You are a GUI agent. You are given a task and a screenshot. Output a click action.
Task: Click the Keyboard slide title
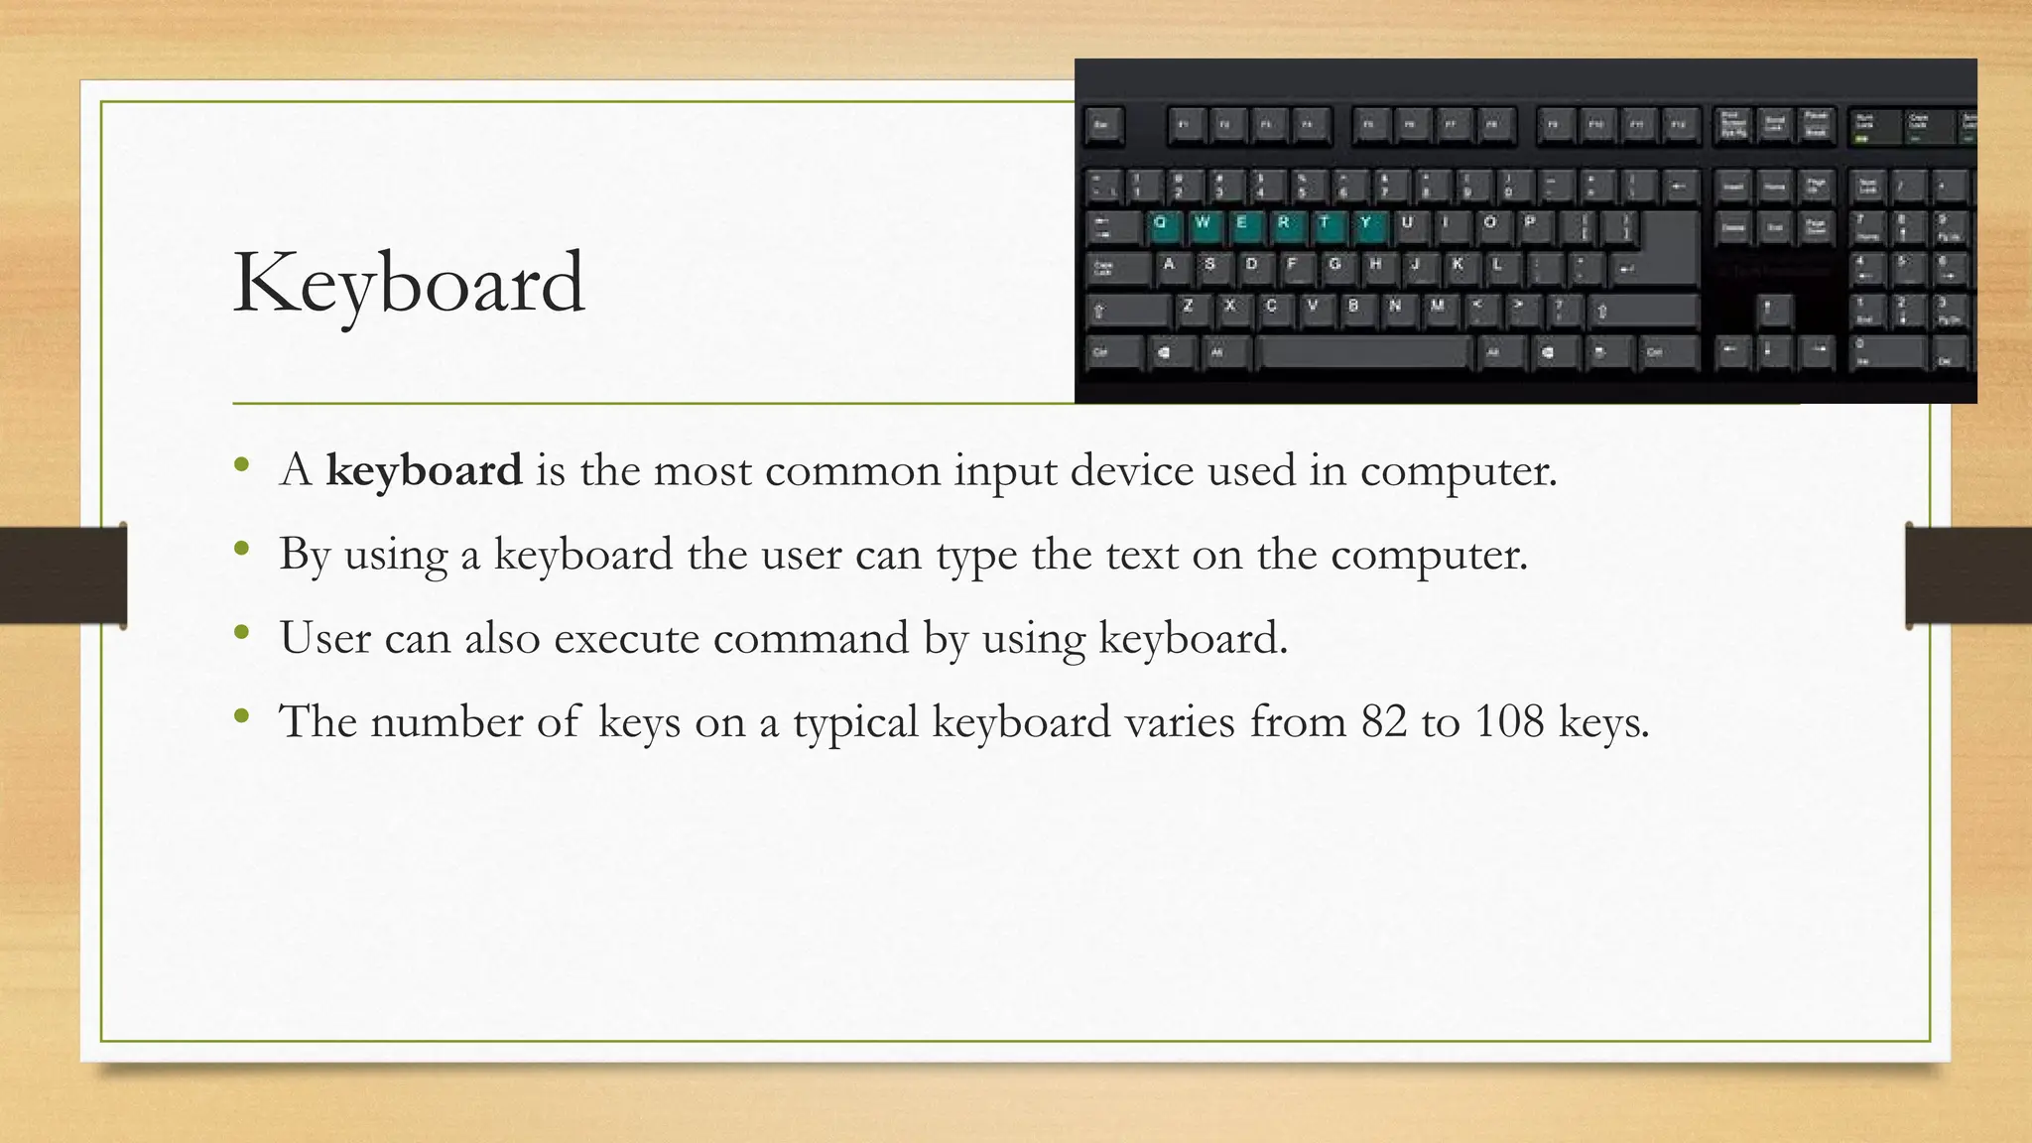click(x=409, y=284)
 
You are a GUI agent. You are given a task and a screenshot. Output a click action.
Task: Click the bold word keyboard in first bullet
click(x=424, y=470)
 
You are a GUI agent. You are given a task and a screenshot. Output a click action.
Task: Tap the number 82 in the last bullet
click(x=1384, y=721)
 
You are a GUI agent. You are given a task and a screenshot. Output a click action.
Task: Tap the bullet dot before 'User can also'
click(x=241, y=632)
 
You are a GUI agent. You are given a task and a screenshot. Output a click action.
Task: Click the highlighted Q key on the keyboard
click(x=1162, y=224)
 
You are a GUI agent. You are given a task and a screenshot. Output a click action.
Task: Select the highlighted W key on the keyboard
click(x=1203, y=224)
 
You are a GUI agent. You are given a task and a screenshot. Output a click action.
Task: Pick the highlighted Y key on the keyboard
click(x=1366, y=224)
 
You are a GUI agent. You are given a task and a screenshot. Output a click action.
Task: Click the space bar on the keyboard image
click(x=1363, y=351)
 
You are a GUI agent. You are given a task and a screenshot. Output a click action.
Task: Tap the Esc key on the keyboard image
click(x=1102, y=126)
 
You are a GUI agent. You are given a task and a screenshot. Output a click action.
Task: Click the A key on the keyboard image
click(x=1171, y=266)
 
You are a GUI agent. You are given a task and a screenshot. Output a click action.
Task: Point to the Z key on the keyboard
click(x=1189, y=308)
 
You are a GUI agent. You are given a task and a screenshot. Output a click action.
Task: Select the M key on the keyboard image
click(x=1437, y=308)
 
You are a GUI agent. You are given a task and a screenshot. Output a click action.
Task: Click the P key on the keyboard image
click(x=1530, y=224)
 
